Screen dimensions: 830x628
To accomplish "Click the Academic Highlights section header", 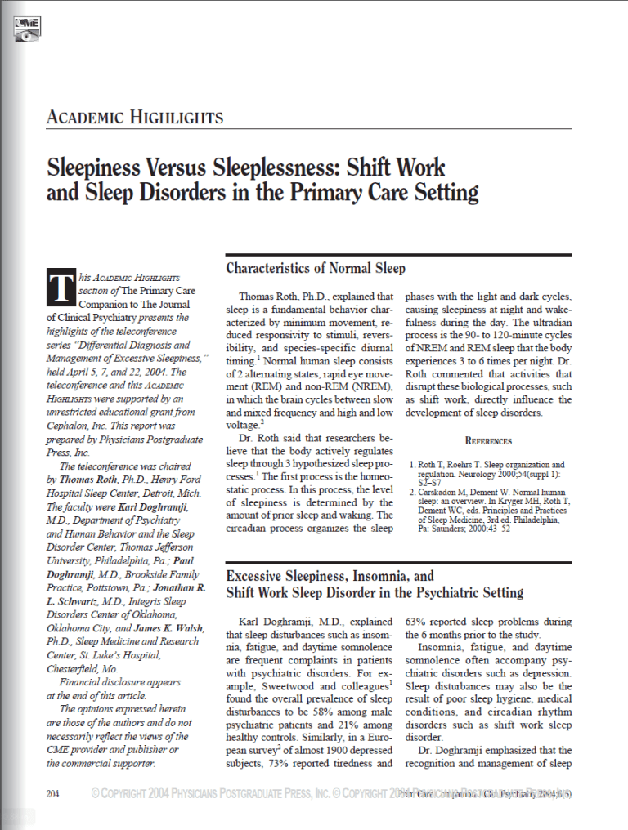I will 134,117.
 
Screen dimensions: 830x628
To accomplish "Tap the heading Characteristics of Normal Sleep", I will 316,268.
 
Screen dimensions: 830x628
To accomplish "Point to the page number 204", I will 54,793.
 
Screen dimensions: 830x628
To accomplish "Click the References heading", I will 488,440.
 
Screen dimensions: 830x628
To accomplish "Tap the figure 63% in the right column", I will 417,622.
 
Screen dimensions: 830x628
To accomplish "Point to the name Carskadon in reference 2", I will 444,492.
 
